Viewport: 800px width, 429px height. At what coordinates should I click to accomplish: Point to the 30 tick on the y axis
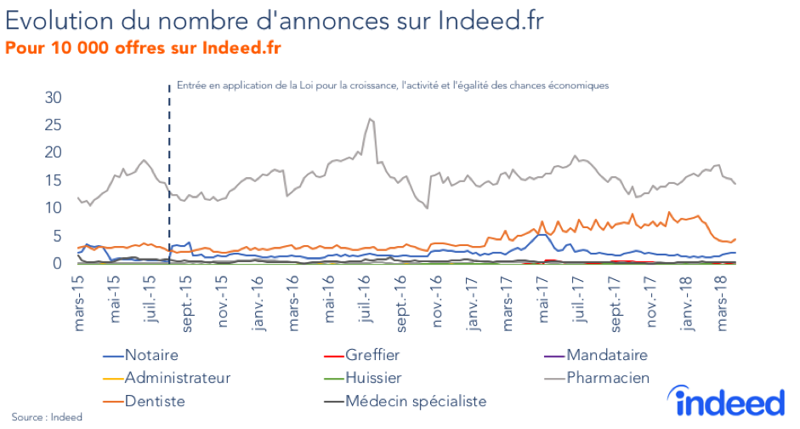[54, 97]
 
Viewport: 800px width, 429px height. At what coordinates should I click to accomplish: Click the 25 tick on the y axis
[54, 125]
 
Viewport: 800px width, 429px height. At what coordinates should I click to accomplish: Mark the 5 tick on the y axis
[58, 236]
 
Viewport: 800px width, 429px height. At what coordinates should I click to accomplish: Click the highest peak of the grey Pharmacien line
[369, 119]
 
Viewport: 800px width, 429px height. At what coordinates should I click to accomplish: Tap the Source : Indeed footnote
[42, 417]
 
